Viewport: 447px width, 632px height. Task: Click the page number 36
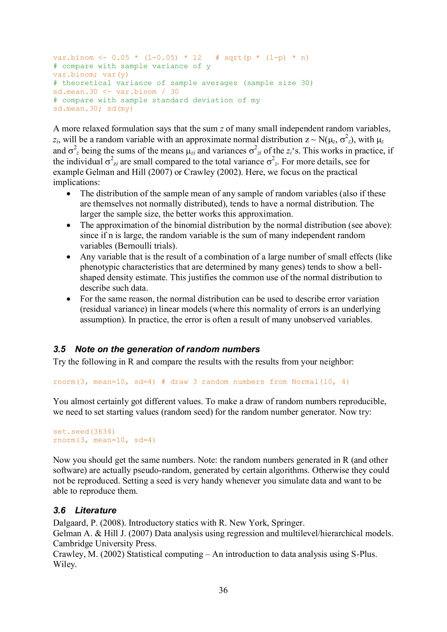[x=223, y=590]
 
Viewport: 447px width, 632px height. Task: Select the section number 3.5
[x=59, y=349]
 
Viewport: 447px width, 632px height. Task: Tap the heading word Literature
[x=96, y=511]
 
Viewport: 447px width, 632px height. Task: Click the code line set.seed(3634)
[x=84, y=432]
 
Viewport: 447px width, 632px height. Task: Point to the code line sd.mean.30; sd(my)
[x=93, y=109]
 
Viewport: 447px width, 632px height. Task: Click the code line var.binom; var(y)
[x=91, y=75]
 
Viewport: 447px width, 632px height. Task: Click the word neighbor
[x=337, y=362]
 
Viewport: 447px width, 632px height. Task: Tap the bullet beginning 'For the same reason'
[x=68, y=299]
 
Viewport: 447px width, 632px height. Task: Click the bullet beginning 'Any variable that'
[x=68, y=257]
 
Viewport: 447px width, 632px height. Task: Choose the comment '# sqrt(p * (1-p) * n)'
[x=262, y=58]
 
